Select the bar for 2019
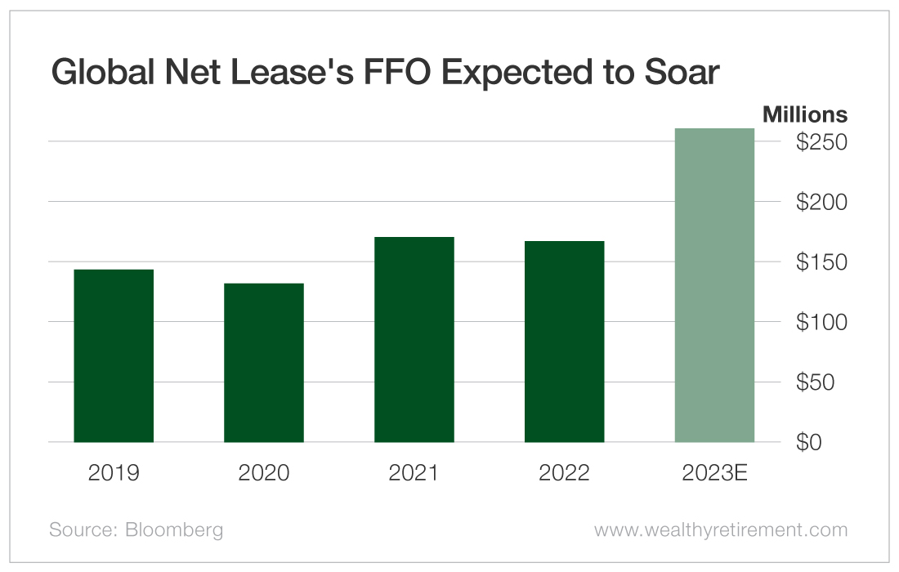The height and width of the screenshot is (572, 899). [114, 355]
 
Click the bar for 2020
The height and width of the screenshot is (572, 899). [264, 363]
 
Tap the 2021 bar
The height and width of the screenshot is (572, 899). [414, 339]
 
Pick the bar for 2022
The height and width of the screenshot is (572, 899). [564, 342]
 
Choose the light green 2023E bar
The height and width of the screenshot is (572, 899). [714, 285]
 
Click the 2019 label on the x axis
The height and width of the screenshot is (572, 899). [114, 473]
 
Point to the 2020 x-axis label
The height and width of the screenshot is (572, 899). [264, 473]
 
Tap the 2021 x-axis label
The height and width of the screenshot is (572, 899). [414, 473]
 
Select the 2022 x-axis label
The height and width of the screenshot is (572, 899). [564, 473]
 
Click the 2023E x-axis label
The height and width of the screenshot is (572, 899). [714, 473]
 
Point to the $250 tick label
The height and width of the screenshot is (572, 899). [821, 142]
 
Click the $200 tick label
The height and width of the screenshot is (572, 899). [821, 202]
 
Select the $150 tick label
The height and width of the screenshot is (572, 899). [821, 262]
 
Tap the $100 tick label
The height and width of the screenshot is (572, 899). [821, 322]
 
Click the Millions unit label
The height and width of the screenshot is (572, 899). [805, 115]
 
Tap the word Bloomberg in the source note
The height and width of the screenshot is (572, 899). [173, 530]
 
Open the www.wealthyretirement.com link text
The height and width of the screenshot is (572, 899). [721, 530]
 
